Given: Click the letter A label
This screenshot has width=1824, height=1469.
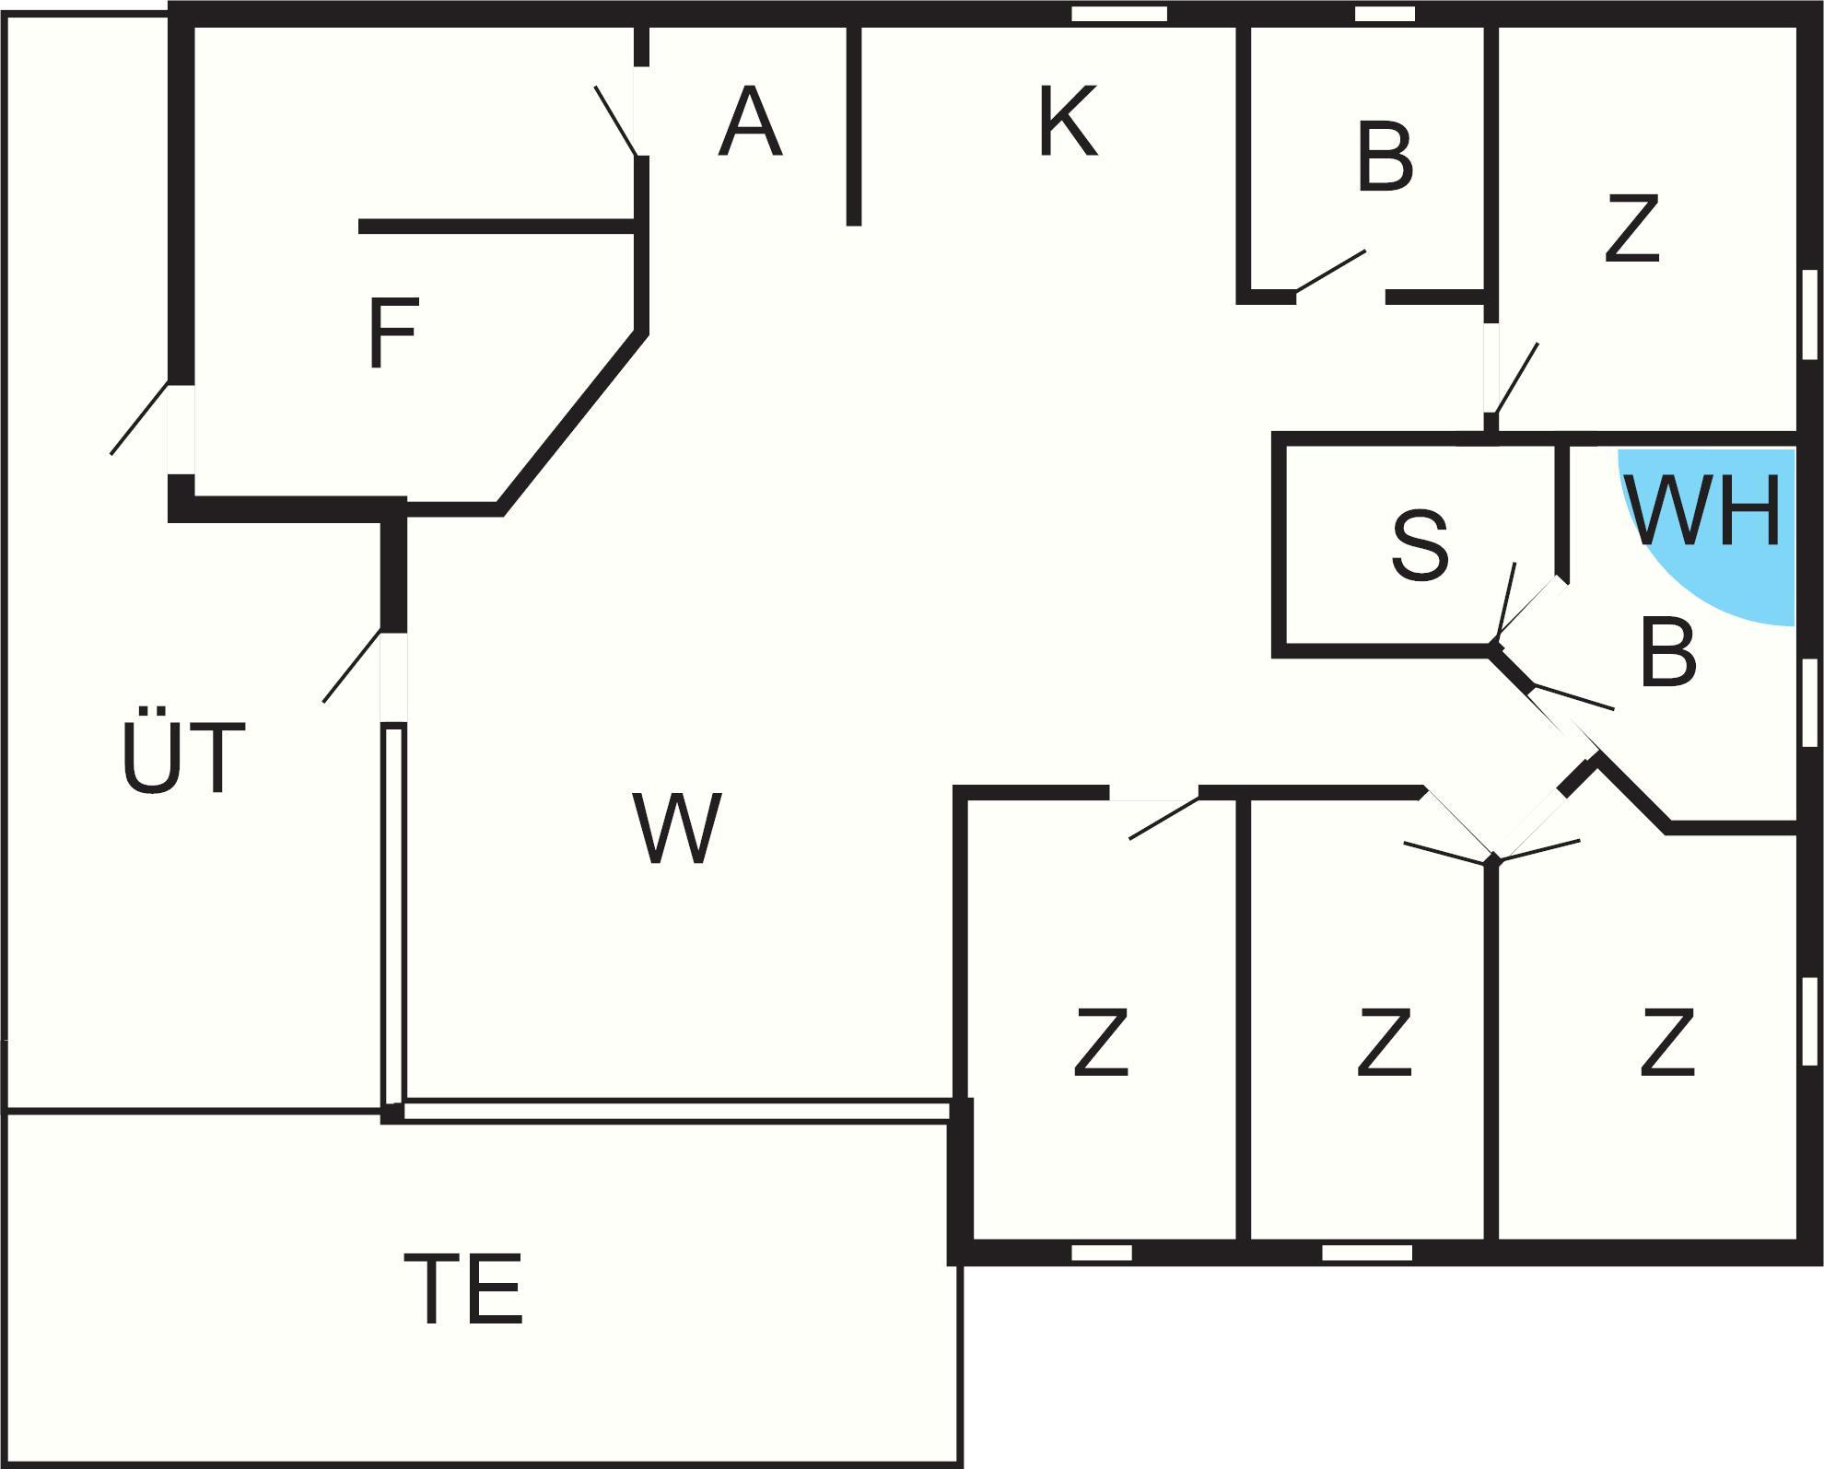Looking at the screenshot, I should coord(750,122).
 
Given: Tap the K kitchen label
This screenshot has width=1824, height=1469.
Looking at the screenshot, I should coord(1068,122).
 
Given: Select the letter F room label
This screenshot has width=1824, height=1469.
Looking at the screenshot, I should coord(393,332).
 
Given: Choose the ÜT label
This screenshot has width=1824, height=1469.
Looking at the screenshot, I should coord(183,757).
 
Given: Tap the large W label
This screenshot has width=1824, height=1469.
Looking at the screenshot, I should coord(677,828).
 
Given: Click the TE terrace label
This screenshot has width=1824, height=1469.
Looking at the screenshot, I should coord(463,1288).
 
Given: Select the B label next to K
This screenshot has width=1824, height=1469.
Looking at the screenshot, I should coord(1385,158).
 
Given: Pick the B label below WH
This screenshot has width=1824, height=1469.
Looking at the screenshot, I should coord(1668,654).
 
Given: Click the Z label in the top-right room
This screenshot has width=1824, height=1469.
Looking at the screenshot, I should coord(1631,228).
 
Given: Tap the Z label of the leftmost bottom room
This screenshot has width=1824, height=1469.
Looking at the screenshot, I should coord(1102,1043).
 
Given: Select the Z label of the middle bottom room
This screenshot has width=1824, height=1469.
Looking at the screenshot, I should coord(1385,1043).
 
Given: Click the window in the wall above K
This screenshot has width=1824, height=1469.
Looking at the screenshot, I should coord(1118,14).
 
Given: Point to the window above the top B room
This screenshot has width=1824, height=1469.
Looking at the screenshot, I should coord(1385,14).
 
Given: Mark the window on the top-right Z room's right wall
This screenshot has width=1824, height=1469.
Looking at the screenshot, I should coord(1809,314).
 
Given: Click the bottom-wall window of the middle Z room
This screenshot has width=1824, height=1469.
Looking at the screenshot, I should coord(1367,1253).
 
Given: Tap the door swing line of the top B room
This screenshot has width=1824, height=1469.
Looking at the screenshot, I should coord(1331,272).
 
